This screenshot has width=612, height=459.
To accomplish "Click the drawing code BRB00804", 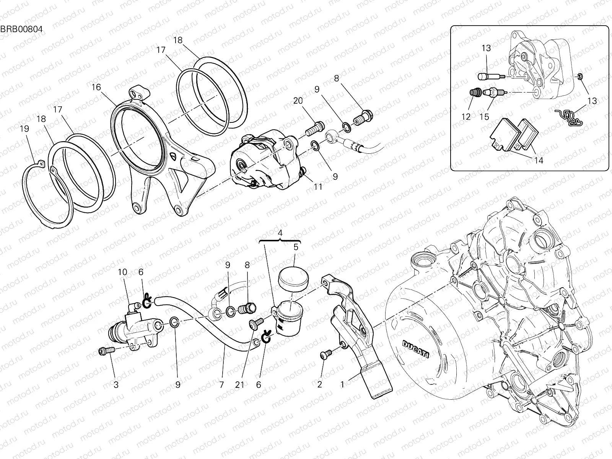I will click(x=21, y=29).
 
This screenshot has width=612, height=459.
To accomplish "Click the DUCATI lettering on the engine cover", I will click(x=416, y=349).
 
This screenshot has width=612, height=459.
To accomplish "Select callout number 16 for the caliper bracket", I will click(x=96, y=87).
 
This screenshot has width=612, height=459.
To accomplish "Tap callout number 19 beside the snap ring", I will click(x=24, y=129).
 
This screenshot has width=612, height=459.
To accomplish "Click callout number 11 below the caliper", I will click(x=318, y=187).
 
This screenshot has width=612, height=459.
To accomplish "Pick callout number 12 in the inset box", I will click(x=466, y=117).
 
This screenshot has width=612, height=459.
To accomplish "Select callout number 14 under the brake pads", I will click(x=538, y=160).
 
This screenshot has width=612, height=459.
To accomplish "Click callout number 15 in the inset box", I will click(x=484, y=117).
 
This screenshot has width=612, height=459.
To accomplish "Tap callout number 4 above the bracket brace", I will click(x=280, y=233).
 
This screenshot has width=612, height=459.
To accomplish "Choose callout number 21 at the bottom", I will click(x=239, y=385).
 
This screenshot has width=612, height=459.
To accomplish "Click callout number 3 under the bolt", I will click(x=116, y=385).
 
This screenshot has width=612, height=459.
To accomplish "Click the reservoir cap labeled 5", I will click(x=293, y=277).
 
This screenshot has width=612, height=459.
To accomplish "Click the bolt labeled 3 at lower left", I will click(x=106, y=350).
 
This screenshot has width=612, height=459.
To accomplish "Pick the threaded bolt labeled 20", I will click(x=314, y=129).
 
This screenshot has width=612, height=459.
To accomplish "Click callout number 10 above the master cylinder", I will click(x=122, y=272).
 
